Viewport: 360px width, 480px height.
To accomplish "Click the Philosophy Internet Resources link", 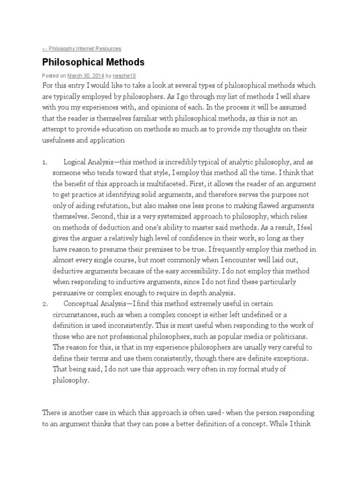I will pos(82,48).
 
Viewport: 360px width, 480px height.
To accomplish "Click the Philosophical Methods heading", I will pos(93,62).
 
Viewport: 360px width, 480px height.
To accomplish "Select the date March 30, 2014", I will pos(85,75).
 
